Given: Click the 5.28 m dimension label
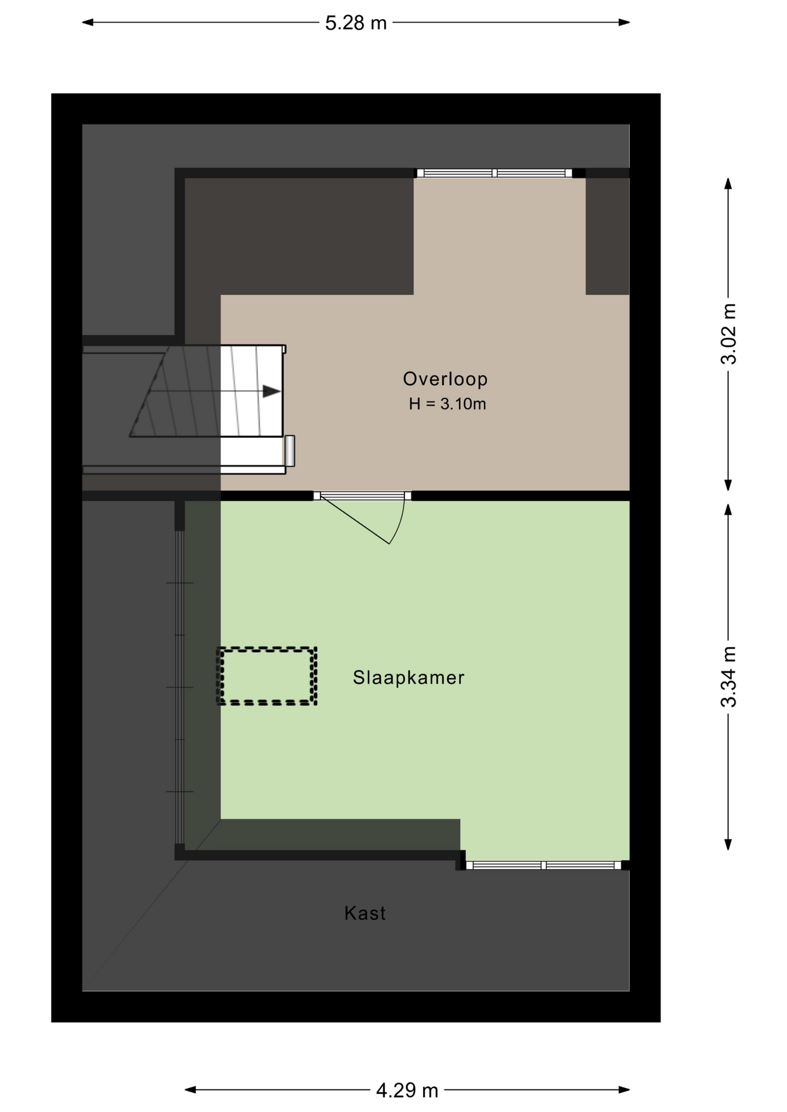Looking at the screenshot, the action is click(355, 23).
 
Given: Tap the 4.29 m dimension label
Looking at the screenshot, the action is click(407, 1091).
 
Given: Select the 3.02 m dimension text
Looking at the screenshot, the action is click(728, 334).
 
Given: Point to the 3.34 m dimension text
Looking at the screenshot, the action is click(728, 676).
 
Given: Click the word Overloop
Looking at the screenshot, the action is click(445, 379).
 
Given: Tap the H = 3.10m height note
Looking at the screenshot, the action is click(447, 404).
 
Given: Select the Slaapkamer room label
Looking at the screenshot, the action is click(409, 677).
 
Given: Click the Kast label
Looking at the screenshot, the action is click(365, 913).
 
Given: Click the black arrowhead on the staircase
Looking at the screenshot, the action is click(271, 392).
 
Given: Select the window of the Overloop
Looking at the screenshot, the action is click(494, 173).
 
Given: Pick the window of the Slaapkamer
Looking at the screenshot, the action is click(544, 865).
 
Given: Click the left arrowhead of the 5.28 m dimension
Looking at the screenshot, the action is click(88, 23).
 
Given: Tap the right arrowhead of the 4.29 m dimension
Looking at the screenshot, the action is click(624, 1089).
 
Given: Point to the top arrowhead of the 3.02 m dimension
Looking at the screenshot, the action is click(728, 184).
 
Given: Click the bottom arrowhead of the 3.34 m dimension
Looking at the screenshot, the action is click(728, 844).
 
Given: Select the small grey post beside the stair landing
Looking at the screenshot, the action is click(289, 451).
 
